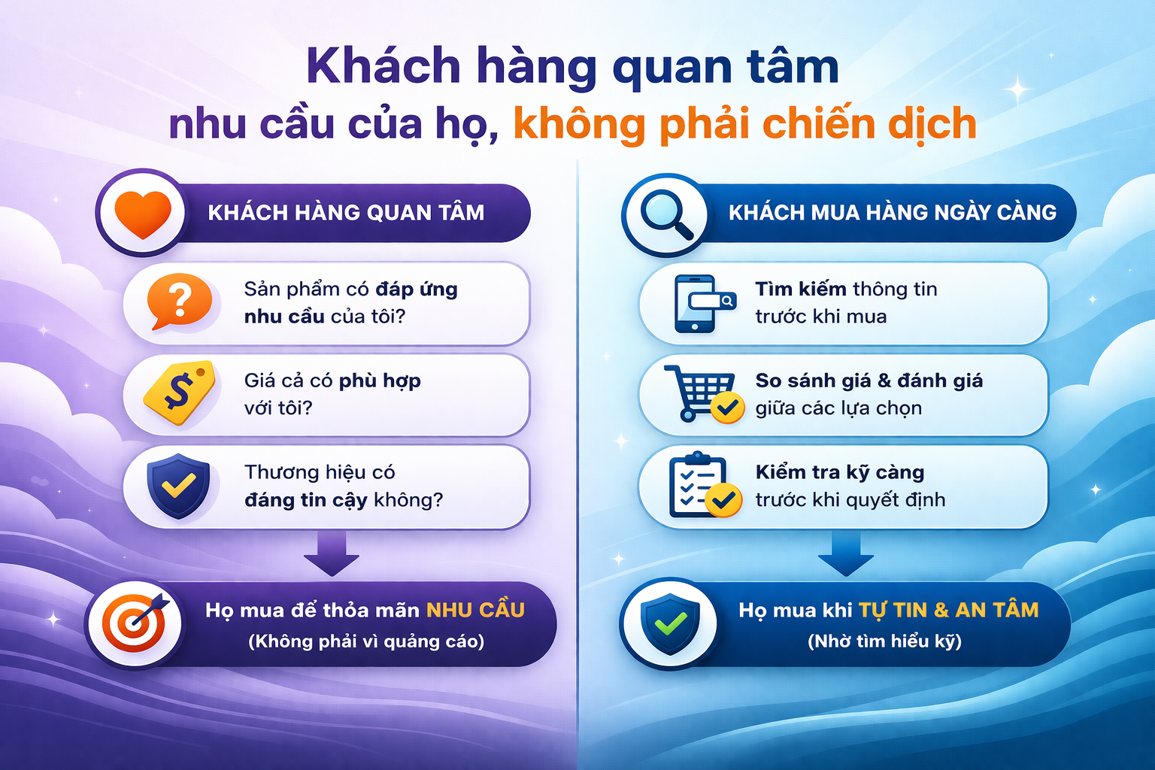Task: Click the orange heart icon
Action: pyautogui.click(x=143, y=213)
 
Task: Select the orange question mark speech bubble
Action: pyautogui.click(x=178, y=301)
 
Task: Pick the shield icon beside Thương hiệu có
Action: pyautogui.click(x=178, y=485)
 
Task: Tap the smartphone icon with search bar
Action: pyautogui.click(x=699, y=303)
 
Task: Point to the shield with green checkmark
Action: pyautogui.click(x=669, y=623)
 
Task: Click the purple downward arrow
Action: pyautogui.click(x=331, y=553)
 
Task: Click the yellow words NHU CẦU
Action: pyautogui.click(x=475, y=610)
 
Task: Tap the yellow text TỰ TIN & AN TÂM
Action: pyautogui.click(x=948, y=610)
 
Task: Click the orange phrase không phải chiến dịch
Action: pyautogui.click(x=744, y=124)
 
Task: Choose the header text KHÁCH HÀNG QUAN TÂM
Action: pyautogui.click(x=346, y=213)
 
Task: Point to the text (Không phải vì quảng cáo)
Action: pyautogui.click(x=366, y=641)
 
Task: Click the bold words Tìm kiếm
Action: pyautogui.click(x=800, y=290)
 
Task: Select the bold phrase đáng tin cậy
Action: pyautogui.click(x=306, y=500)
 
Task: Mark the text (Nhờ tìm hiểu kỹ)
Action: pyautogui.click(x=884, y=641)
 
